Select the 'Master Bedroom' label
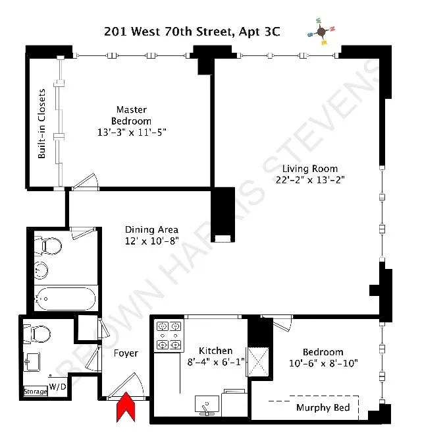[x=131, y=115]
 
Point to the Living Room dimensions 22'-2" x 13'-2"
[x=311, y=179]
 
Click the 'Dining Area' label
[x=152, y=229]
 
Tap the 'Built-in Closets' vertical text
[x=41, y=123]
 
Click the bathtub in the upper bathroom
[x=66, y=300]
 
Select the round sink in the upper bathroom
[x=41, y=270]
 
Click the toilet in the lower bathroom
[x=42, y=334]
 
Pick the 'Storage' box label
[x=36, y=392]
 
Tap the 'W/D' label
[x=58, y=387]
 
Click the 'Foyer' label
[x=126, y=353]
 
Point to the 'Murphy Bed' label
[x=323, y=407]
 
